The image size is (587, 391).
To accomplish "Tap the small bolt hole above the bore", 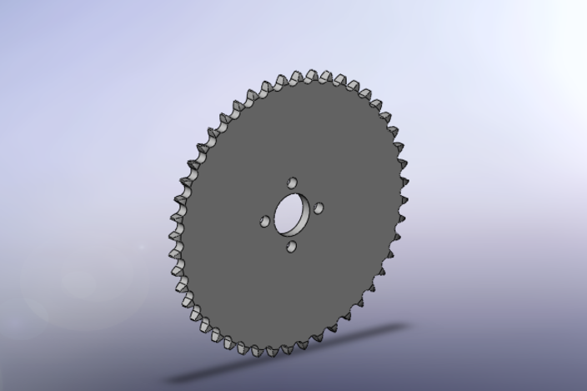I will (292, 182).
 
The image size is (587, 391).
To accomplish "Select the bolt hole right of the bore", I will (319, 208).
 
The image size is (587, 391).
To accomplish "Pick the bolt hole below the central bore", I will (292, 246).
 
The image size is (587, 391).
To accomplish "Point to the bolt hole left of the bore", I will (265, 222).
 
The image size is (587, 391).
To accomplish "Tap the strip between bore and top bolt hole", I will (292, 190).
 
